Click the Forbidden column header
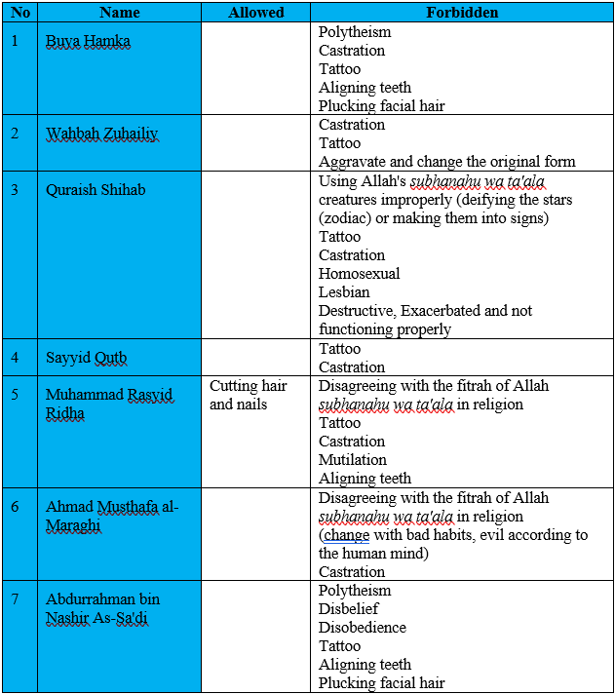point(462,13)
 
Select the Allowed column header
point(256,13)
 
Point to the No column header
point(20,13)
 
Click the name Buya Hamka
point(88,41)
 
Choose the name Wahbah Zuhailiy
point(101,134)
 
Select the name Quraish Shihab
point(96,189)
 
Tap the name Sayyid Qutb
point(86,358)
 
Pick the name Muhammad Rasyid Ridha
point(108,404)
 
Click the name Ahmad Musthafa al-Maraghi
point(112,516)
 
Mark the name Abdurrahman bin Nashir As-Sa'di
point(102,608)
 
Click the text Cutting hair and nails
point(248,395)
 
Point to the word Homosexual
point(359,274)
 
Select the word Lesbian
point(346,292)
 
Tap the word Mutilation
point(353,460)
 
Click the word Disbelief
point(349,609)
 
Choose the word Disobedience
point(363,628)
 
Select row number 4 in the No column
point(16,357)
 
